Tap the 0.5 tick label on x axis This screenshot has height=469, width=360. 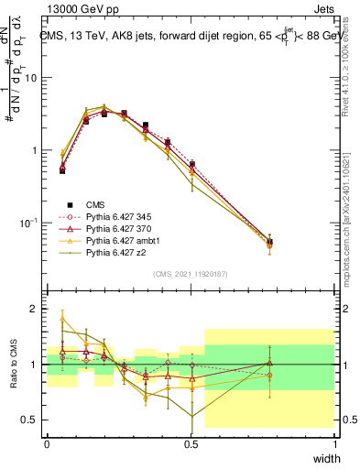[x=191, y=443]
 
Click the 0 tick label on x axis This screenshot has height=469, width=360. [x=47, y=443]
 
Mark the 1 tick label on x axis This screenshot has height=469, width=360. [x=335, y=443]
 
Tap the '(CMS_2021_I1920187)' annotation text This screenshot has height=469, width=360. [x=191, y=273]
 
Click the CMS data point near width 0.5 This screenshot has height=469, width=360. [x=191, y=164]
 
